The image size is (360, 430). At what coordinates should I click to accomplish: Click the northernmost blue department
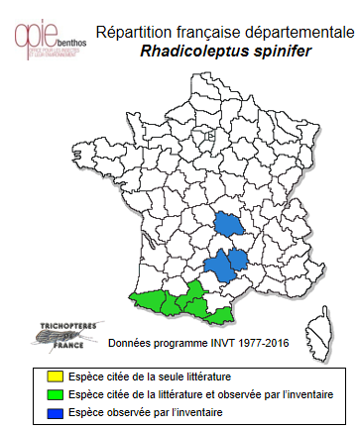click(230, 225)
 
